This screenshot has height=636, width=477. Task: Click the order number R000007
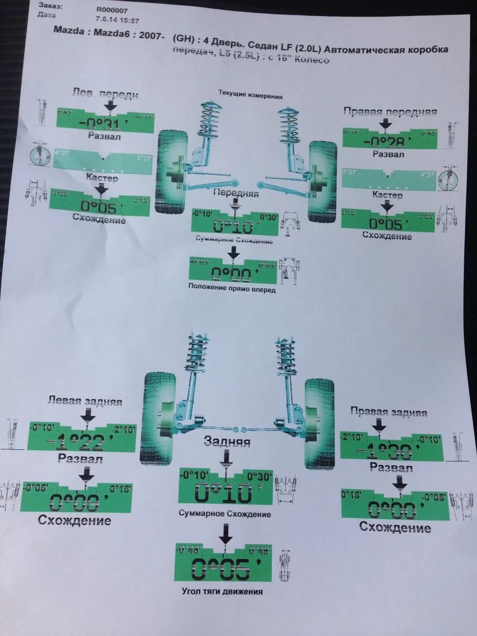point(112,9)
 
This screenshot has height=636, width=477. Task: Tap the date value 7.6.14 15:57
point(117,20)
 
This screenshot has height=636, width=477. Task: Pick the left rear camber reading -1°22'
point(81,441)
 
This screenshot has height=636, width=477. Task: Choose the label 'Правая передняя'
point(390,112)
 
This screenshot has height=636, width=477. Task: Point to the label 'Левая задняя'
point(84,401)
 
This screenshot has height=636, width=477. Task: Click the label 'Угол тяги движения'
point(222,591)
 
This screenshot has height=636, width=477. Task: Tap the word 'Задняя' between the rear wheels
point(227,441)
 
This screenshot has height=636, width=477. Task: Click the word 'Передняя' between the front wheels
point(236,193)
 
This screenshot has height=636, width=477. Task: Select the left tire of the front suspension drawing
point(171,171)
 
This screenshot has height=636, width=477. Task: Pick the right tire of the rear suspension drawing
point(319,423)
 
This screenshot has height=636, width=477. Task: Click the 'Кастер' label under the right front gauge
point(387,195)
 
